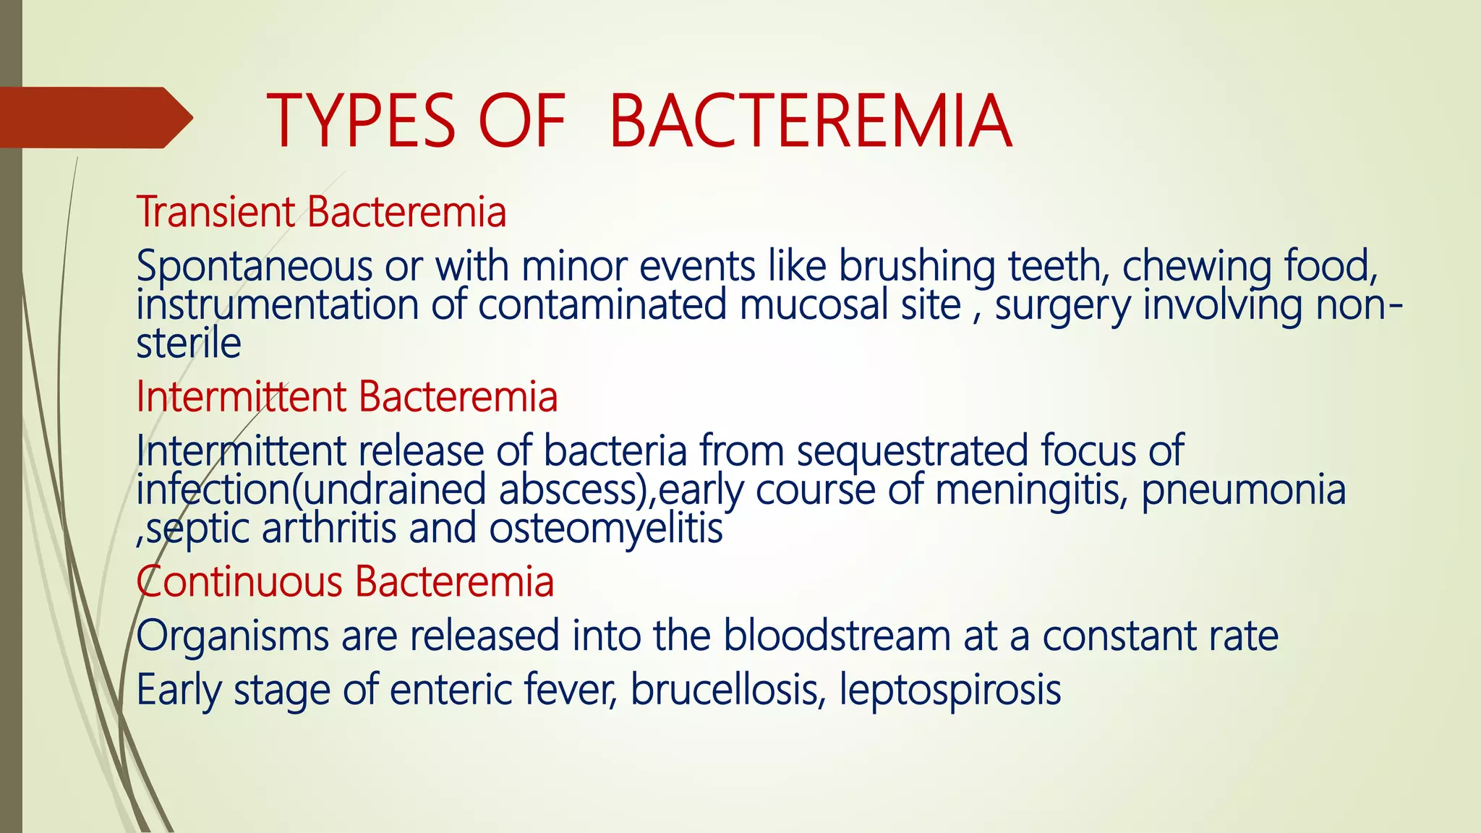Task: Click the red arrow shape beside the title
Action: click(x=94, y=117)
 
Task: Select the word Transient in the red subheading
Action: click(x=215, y=212)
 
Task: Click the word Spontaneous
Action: click(x=253, y=266)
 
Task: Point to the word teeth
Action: click(x=1054, y=265)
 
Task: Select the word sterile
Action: click(x=188, y=343)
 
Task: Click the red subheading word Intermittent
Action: click(x=242, y=397)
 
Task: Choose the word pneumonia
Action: click(x=1244, y=490)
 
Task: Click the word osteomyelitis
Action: click(x=606, y=529)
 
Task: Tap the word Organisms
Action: click(x=231, y=636)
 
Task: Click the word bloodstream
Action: click(x=837, y=636)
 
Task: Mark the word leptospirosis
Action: click(x=950, y=691)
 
